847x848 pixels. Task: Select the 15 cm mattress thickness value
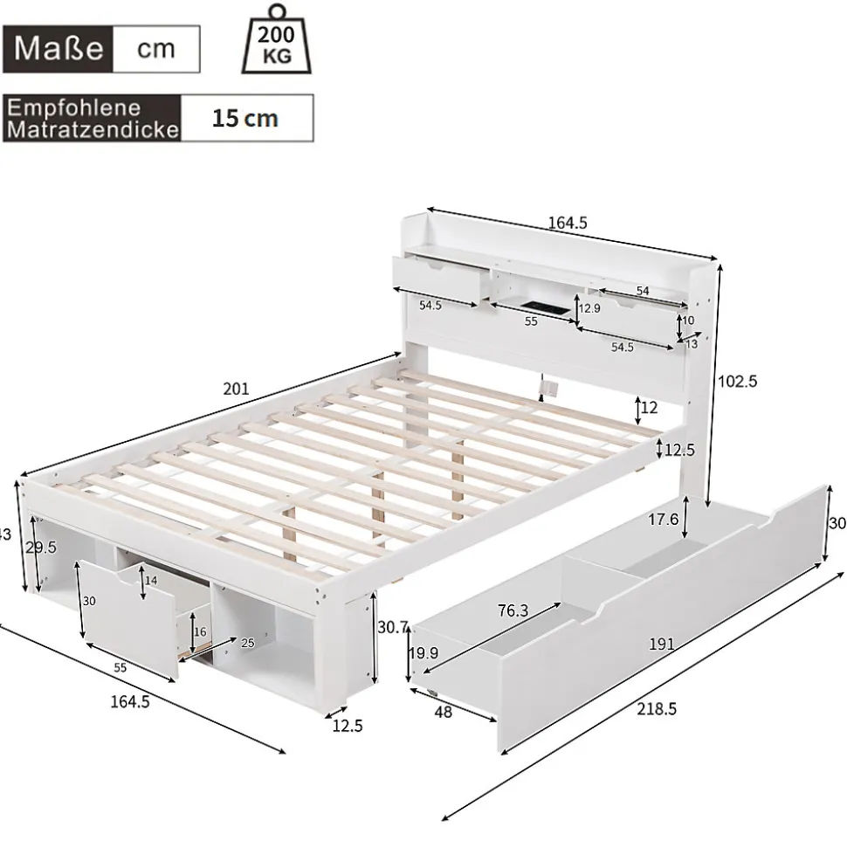(x=245, y=118)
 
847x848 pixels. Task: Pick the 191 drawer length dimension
(x=661, y=645)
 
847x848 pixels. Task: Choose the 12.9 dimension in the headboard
(x=591, y=309)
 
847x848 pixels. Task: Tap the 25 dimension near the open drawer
(x=247, y=645)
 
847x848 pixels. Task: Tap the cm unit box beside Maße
(x=155, y=48)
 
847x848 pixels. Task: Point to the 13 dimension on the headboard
(x=692, y=344)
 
